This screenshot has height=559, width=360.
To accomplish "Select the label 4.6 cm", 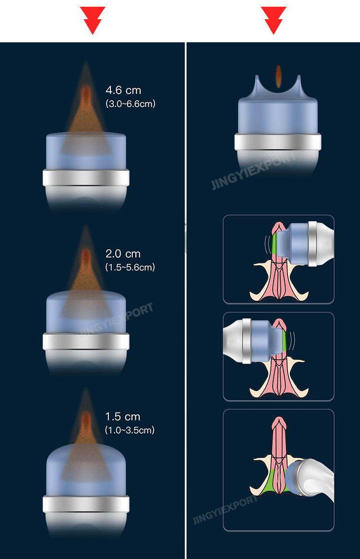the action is (123, 90).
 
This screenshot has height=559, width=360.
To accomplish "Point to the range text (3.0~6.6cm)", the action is (130, 103).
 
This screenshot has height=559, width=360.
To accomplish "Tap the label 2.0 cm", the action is (123, 254).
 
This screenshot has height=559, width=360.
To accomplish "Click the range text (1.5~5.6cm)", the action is (130, 267).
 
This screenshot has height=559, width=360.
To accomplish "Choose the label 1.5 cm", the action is (123, 417).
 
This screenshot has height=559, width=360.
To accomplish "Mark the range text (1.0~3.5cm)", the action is (130, 430).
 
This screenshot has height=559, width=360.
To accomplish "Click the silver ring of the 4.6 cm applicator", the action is (86, 178).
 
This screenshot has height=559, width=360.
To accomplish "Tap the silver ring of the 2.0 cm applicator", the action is (86, 342).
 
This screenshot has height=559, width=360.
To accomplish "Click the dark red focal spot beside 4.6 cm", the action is (86, 93).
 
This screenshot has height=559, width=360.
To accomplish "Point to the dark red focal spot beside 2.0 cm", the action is (86, 257).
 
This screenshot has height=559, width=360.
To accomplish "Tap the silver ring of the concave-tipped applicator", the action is (278, 143).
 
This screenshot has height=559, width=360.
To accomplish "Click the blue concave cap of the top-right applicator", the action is (278, 113).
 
